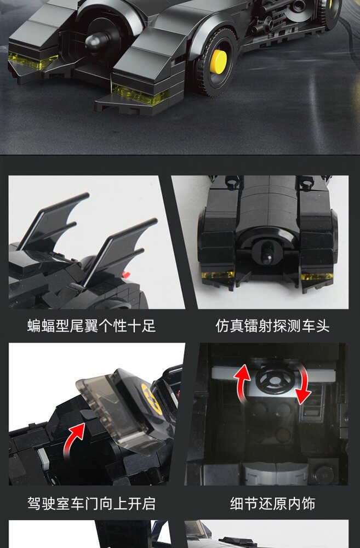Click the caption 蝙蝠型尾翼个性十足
coord(92,326)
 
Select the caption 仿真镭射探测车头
coord(272,326)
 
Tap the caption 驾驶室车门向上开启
coord(92,503)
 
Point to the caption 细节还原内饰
coord(272,503)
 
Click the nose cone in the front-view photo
coord(267,255)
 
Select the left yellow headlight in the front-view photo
coord(218,275)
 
